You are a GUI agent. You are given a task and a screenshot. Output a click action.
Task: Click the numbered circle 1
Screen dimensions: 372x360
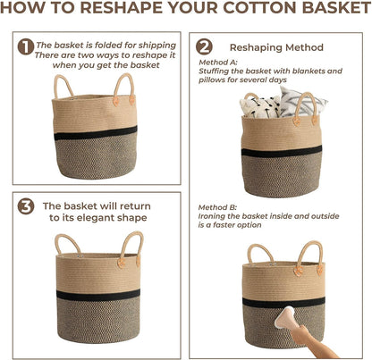26,47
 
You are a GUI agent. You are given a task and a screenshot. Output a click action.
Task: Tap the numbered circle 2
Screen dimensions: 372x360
204,47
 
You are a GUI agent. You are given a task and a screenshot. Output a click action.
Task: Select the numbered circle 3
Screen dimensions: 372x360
26,206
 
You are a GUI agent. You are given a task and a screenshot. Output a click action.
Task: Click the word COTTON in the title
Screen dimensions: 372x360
260,7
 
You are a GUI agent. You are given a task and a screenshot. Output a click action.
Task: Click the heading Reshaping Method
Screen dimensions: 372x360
276,47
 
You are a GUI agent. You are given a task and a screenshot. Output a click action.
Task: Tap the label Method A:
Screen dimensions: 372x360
218,63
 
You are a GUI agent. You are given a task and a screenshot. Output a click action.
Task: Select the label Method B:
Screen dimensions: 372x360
217,207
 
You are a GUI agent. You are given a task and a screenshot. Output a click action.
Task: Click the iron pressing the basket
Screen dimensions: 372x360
285,318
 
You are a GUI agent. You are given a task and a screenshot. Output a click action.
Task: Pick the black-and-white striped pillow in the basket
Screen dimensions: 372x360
301,102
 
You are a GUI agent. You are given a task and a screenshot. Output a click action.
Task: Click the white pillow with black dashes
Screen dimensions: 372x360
260,107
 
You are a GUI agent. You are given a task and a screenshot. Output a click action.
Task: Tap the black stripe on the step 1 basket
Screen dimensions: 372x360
96,133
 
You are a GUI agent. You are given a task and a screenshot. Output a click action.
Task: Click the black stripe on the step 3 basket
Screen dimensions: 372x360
98,295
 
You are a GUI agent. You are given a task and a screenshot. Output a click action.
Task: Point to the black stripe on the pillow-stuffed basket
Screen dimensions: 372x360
282,152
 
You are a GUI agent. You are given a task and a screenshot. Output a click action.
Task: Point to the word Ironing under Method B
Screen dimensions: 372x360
211,216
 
